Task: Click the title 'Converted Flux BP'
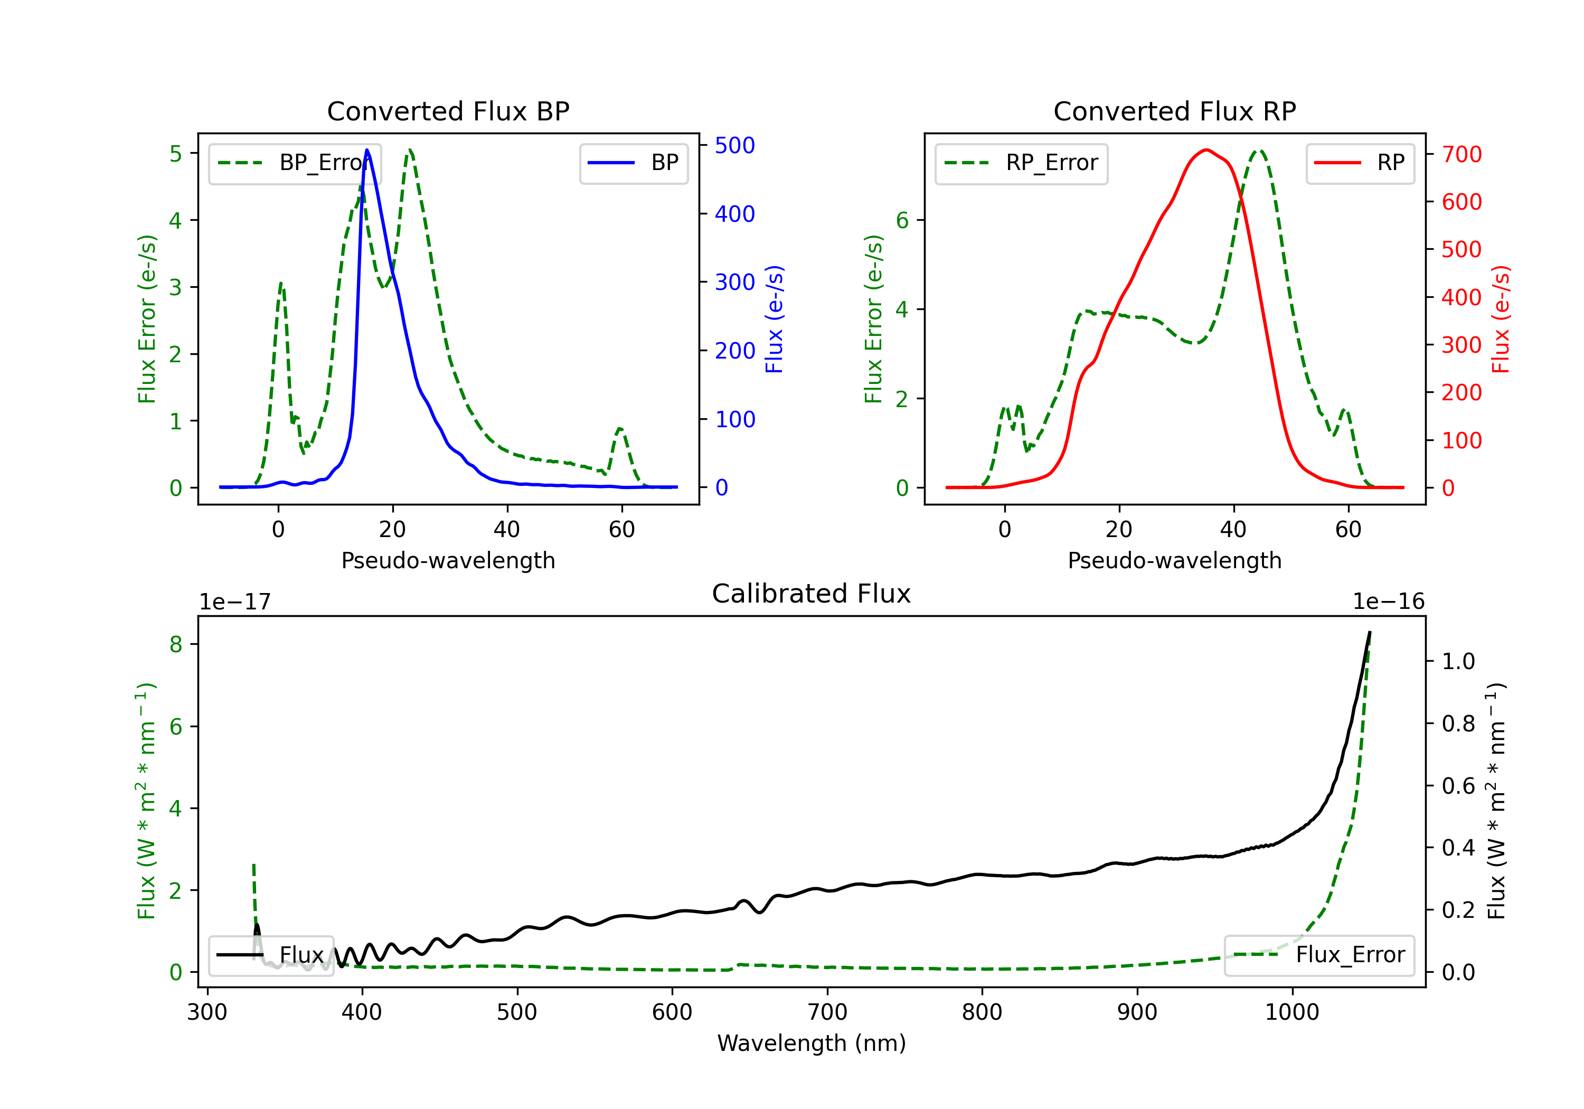coord(448,111)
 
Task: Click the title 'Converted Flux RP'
coord(1175,111)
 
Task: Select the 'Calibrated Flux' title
coord(812,594)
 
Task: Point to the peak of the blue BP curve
coord(367,150)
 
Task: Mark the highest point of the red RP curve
coord(1206,150)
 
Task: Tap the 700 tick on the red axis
coord(1461,155)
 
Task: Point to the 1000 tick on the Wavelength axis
coord(1291,1012)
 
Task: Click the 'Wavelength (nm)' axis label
coord(812,1044)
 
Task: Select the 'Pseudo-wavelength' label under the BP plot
coord(448,560)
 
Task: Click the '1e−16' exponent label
coord(1388,602)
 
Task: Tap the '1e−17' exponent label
coord(235,602)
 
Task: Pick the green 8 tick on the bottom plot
coord(176,645)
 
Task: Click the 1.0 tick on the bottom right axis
coord(1458,662)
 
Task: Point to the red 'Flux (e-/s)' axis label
coord(1501,319)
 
